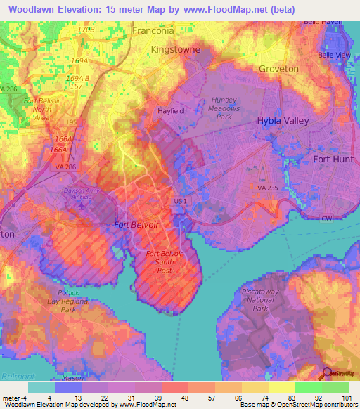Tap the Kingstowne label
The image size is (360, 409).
coord(176,50)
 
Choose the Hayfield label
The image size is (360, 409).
coord(171,110)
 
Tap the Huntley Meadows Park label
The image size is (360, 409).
coord(225,108)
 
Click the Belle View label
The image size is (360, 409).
coord(333,55)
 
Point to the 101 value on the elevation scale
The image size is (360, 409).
coord(347,398)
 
